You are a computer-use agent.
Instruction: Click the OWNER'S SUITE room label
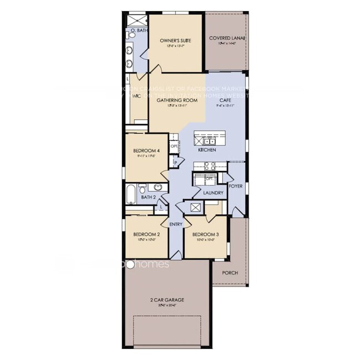point(175,41)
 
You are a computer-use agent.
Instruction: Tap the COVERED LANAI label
point(227,38)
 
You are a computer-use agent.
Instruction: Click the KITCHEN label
point(207,150)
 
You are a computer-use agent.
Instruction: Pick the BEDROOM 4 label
point(147,151)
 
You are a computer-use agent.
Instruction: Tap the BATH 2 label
point(148,197)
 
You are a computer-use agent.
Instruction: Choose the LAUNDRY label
point(213,193)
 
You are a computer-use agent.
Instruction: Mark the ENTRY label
point(176,224)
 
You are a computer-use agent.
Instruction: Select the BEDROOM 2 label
point(147,235)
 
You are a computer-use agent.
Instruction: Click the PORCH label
point(230,273)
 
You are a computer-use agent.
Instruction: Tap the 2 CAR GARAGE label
point(167,300)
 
